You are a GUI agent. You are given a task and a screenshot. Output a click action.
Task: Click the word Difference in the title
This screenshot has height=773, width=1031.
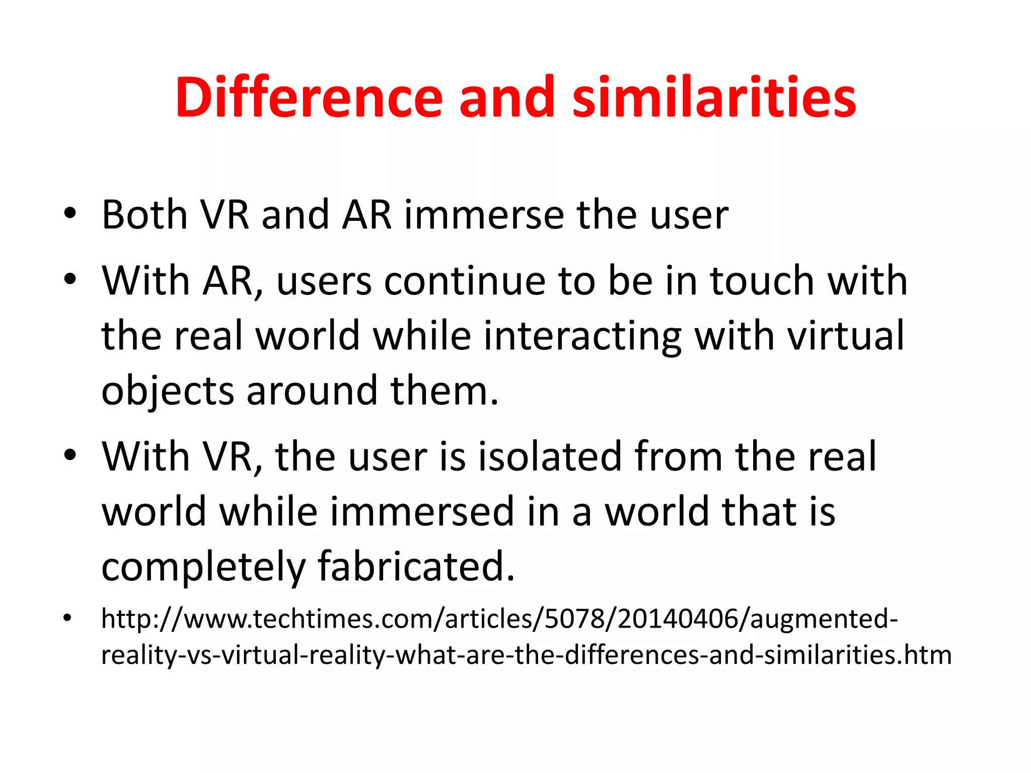(309, 97)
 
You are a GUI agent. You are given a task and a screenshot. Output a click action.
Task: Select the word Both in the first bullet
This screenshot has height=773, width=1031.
(145, 215)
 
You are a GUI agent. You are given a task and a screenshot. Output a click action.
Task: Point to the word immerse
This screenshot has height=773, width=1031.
(484, 215)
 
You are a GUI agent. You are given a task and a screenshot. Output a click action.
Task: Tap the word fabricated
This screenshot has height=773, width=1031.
(416, 566)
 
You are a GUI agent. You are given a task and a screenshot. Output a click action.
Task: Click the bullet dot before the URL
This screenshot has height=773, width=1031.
(68, 618)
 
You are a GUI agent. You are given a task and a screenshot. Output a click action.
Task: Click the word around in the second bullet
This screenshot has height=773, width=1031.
(312, 391)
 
